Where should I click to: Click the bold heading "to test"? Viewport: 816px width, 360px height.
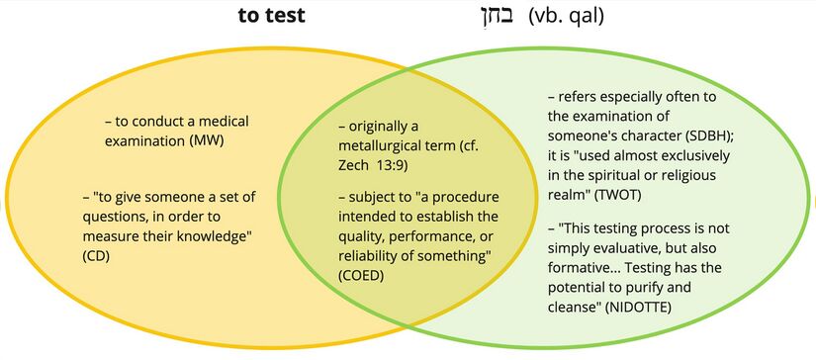[x=271, y=16]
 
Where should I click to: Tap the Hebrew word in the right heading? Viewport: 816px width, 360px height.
[x=492, y=16]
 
